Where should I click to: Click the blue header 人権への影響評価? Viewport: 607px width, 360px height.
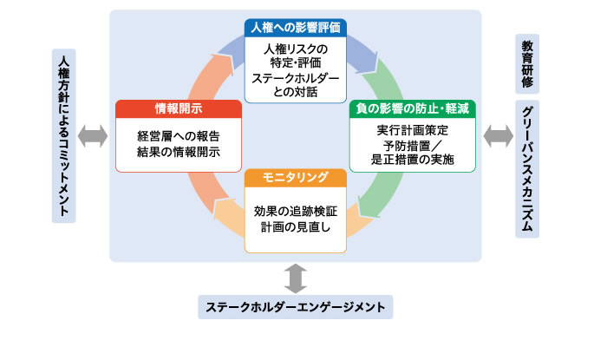click(x=296, y=28)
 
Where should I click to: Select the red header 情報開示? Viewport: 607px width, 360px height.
click(x=179, y=108)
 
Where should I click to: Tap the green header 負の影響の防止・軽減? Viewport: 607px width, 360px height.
click(x=412, y=108)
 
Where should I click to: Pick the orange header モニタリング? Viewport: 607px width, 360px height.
click(x=296, y=178)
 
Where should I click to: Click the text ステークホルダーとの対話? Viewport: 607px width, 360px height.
click(x=296, y=85)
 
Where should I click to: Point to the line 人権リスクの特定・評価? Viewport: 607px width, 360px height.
click(x=296, y=56)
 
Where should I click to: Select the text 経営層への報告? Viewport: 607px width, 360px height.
click(x=179, y=136)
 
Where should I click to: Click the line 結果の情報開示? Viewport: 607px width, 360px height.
click(x=179, y=152)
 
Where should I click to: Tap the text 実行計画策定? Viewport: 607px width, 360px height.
click(x=412, y=130)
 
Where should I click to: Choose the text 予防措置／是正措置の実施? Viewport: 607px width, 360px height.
click(x=412, y=153)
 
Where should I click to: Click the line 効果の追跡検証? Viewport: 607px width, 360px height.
click(x=296, y=212)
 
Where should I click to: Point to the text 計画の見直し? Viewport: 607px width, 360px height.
click(x=296, y=227)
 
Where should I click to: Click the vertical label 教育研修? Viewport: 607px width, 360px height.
click(x=527, y=64)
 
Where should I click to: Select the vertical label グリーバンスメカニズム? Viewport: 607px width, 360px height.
click(x=527, y=169)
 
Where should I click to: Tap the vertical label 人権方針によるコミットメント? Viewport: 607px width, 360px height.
click(x=63, y=136)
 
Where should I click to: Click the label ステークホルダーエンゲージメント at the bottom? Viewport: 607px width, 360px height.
click(x=296, y=307)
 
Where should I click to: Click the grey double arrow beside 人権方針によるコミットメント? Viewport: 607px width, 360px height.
click(x=93, y=136)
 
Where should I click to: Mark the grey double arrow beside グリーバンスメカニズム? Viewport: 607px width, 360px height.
click(x=499, y=136)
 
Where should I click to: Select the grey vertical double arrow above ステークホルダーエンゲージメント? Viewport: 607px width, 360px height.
click(x=296, y=278)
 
